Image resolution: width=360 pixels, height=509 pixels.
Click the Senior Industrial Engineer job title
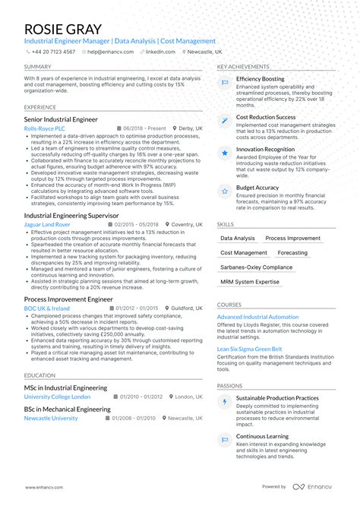coord(61,119)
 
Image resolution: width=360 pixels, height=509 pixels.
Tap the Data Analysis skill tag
coord(238,239)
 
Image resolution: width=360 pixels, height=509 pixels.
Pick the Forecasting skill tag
coord(292,253)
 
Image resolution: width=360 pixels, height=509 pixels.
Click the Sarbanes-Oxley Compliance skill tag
coord(256,267)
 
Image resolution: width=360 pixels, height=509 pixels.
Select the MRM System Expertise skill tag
coord(250,282)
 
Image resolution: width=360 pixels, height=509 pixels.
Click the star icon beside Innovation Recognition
coord(226,153)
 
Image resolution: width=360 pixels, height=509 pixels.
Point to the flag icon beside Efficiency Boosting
coord(226,82)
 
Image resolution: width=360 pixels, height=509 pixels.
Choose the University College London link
coord(57,397)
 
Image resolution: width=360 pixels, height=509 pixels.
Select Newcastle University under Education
coord(50,418)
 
